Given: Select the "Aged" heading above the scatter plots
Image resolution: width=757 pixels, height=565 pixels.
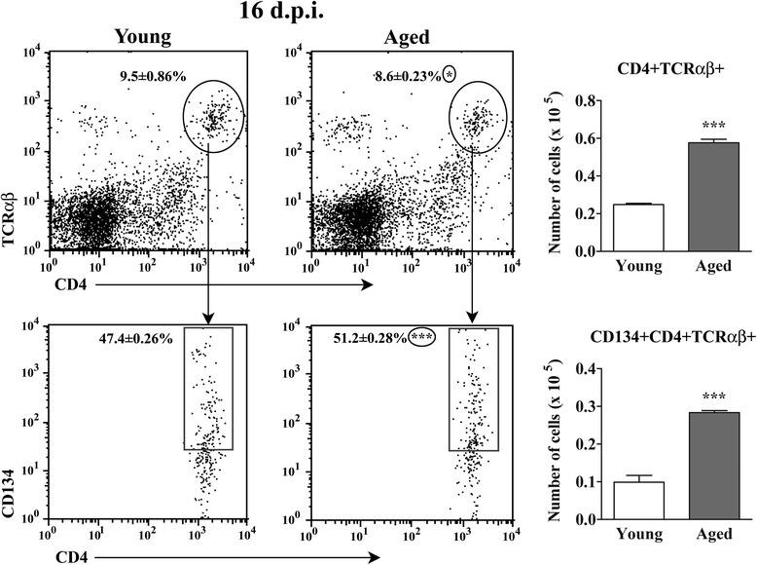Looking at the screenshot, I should tap(402, 36).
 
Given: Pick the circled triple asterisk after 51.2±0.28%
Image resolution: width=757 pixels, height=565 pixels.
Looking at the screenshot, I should tap(421, 338).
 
